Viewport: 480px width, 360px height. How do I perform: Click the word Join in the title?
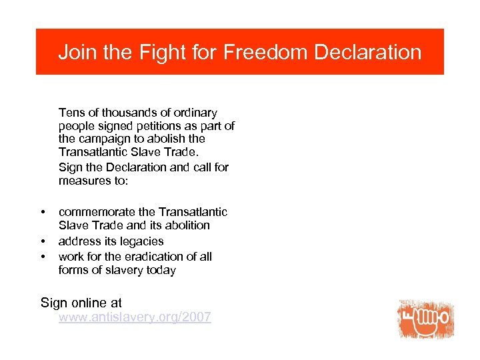click(76, 53)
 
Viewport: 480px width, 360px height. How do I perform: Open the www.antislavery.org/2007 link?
click(135, 317)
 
